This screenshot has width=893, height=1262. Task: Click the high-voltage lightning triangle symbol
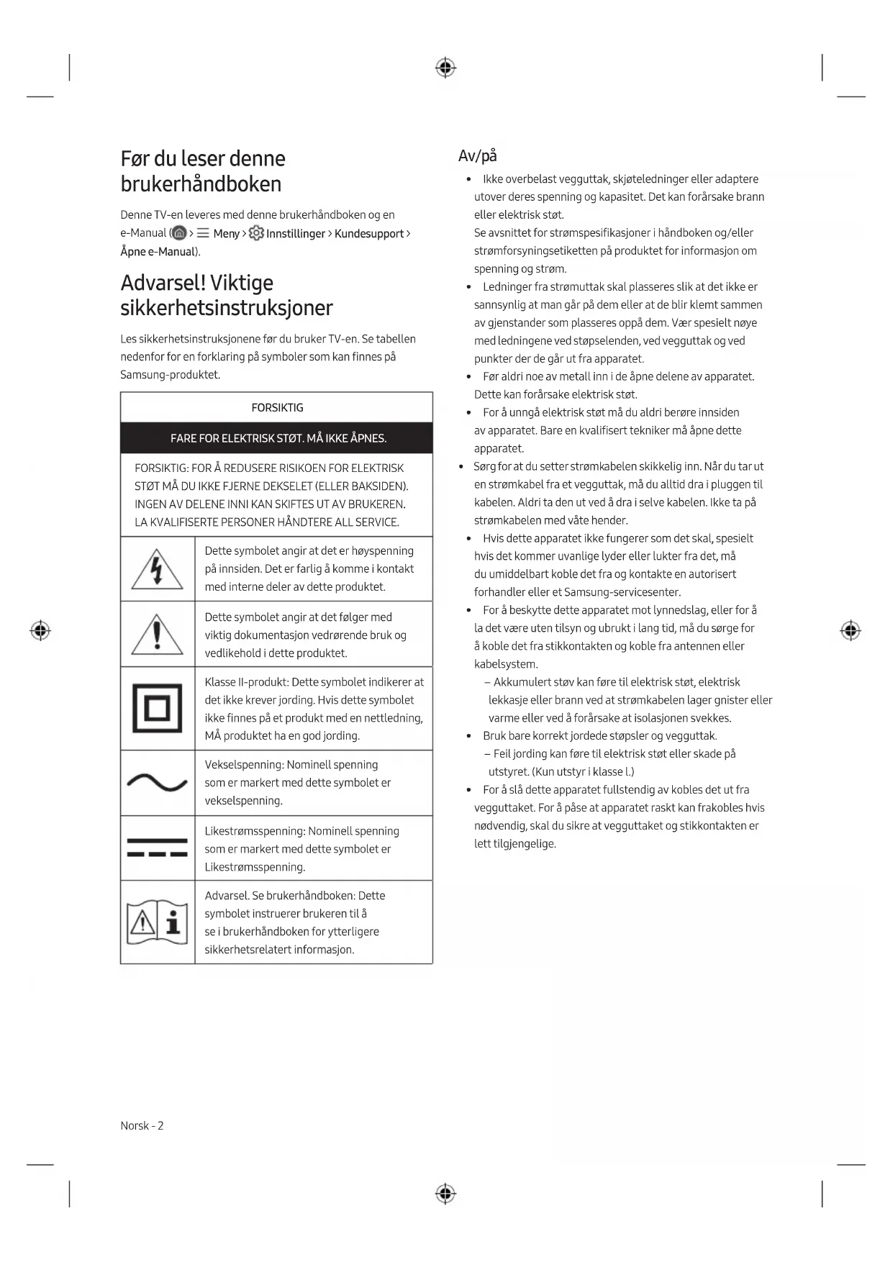click(157, 568)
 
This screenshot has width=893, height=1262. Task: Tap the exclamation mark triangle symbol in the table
click(157, 634)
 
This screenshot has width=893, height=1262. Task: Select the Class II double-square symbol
click(157, 709)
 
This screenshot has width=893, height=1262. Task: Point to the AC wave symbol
click(157, 782)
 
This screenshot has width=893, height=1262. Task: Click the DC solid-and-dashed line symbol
click(157, 848)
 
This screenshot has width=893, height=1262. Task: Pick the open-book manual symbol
click(157, 922)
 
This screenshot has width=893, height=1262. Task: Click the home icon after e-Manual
click(180, 233)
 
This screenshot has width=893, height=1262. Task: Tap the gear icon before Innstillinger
click(256, 233)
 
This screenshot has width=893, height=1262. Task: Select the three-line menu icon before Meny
click(203, 233)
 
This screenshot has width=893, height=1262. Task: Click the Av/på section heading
click(477, 156)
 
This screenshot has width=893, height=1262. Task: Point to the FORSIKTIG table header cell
click(277, 407)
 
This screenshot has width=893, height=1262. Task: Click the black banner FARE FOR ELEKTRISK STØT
click(277, 438)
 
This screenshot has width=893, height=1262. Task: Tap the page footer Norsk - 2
click(142, 1125)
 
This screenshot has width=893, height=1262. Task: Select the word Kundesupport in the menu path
click(368, 233)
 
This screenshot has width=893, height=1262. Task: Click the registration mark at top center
click(445, 68)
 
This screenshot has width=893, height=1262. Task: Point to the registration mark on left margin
click(40, 631)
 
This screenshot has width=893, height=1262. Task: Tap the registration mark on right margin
click(850, 631)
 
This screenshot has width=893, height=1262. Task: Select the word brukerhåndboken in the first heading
click(201, 184)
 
